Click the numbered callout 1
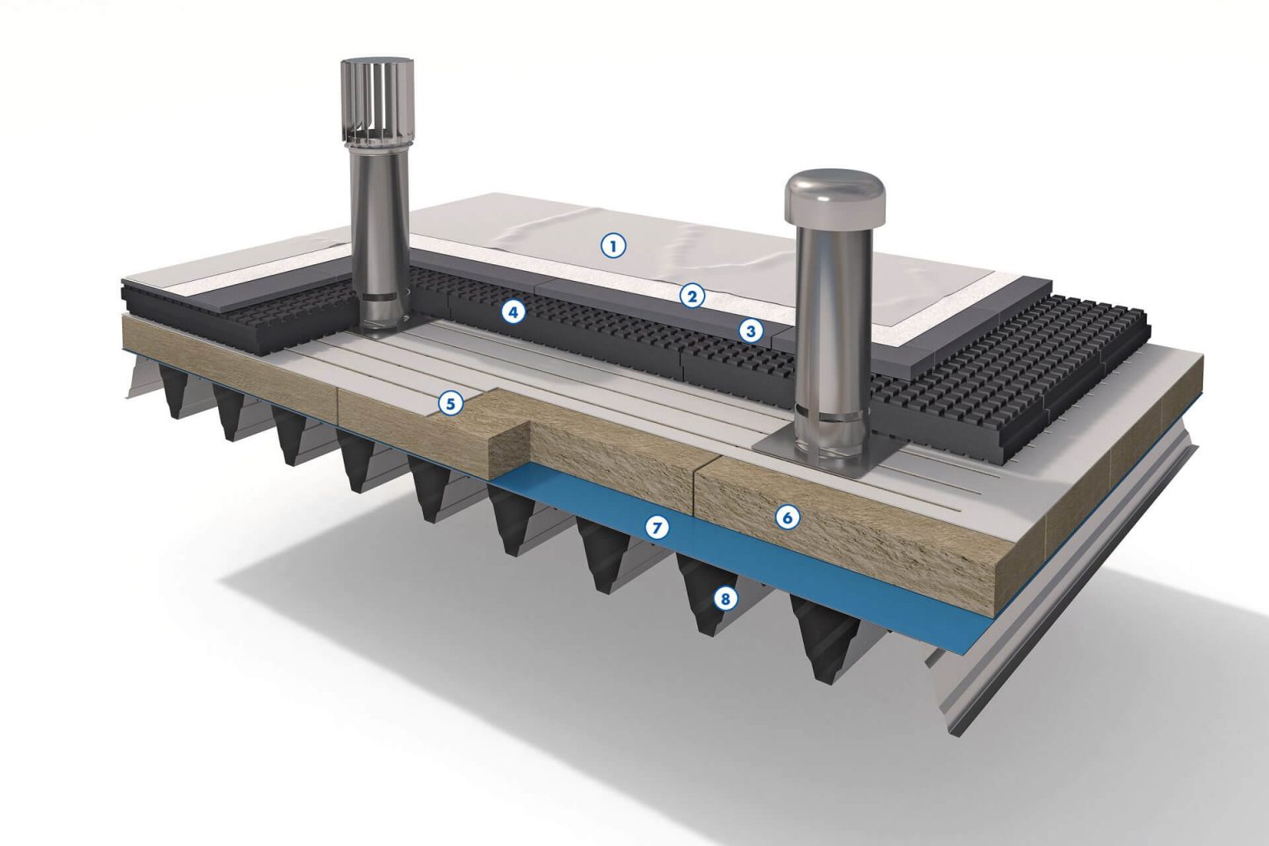(x=613, y=246)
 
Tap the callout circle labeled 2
(x=692, y=296)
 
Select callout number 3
(x=751, y=330)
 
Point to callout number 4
(x=513, y=311)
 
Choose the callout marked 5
(x=450, y=404)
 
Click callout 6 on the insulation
(x=787, y=517)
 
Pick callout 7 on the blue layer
(x=657, y=528)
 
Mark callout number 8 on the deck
(x=725, y=598)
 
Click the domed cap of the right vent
(x=834, y=196)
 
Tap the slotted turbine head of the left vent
(x=377, y=107)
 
